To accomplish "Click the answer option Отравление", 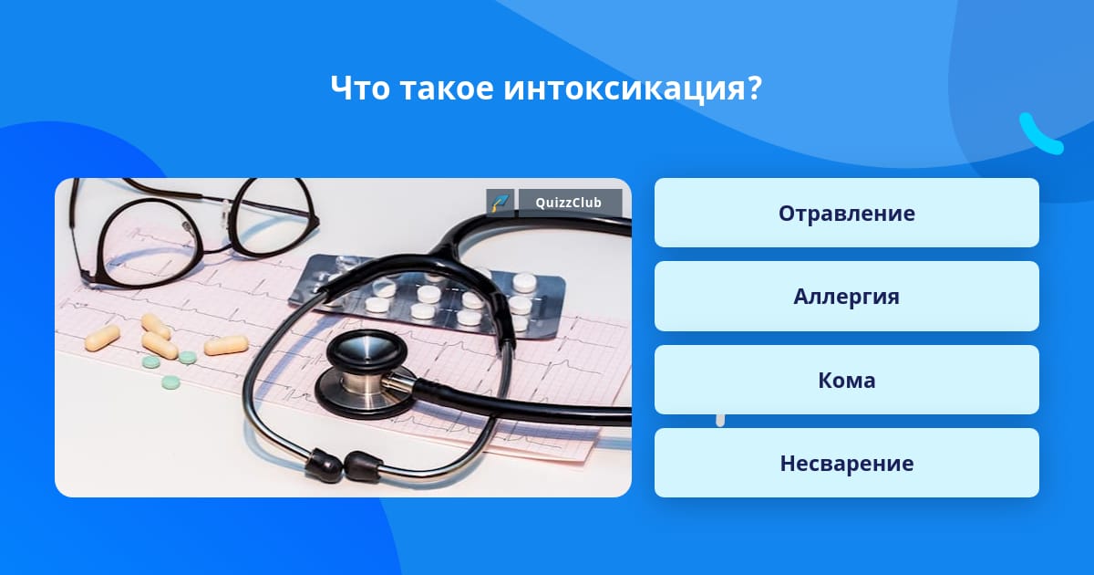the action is coord(846,213).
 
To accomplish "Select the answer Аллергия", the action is coord(846,297).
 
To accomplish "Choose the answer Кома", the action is coord(846,380).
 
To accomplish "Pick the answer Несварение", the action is coord(846,463).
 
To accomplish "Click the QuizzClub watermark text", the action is coord(569,203).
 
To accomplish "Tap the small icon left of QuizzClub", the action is coord(501,203).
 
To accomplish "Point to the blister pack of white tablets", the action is coord(428,296).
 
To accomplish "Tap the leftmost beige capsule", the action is coord(102,339).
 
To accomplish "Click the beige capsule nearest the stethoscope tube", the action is coord(226,345).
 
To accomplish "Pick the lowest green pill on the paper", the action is coord(170,382).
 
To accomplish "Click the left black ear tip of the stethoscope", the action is coord(324,463).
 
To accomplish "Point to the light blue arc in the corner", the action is coord(1040,134).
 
